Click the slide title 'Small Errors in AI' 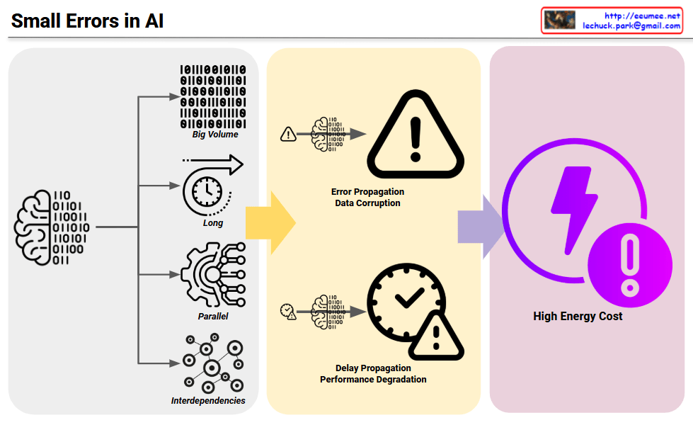[88, 21]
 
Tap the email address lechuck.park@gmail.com [631, 25]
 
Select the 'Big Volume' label [215, 134]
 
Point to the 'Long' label [212, 222]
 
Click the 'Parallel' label [213, 316]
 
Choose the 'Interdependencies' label [208, 400]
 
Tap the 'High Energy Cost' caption [578, 316]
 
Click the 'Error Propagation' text [367, 191]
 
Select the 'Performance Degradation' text [373, 379]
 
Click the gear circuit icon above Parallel [212, 275]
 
